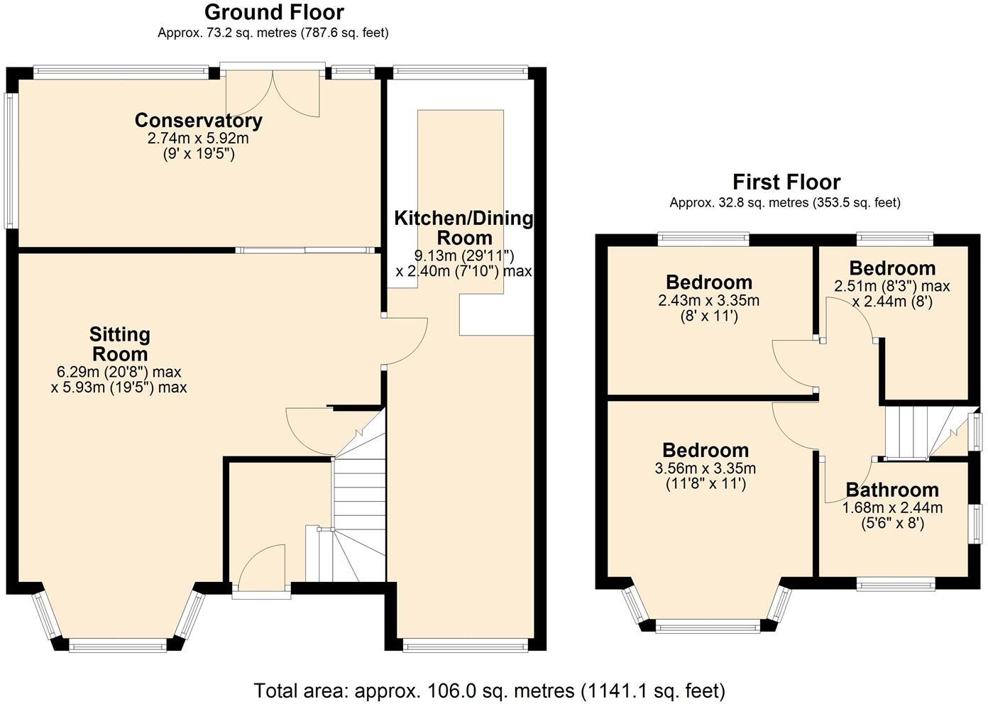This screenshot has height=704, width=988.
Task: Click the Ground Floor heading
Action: pyautogui.click(x=274, y=12)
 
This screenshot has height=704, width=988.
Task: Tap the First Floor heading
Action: pyautogui.click(x=786, y=182)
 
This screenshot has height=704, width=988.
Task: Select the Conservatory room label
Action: pyautogui.click(x=199, y=120)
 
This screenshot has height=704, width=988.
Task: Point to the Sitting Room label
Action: pyautogui.click(x=120, y=344)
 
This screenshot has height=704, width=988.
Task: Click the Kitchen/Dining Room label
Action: pyautogui.click(x=463, y=228)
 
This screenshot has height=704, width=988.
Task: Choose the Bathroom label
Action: pyautogui.click(x=892, y=490)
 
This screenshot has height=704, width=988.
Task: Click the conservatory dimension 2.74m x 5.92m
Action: pyautogui.click(x=198, y=138)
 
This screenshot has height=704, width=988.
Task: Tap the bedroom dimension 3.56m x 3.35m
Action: pyautogui.click(x=706, y=468)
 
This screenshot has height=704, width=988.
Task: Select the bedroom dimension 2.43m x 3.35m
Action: pyautogui.click(x=709, y=300)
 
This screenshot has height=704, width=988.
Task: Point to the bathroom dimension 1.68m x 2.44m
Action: pyautogui.click(x=892, y=507)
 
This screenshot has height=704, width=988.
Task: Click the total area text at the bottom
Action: pyautogui.click(x=490, y=691)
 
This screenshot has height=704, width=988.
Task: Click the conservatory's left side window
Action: pyautogui.click(x=11, y=160)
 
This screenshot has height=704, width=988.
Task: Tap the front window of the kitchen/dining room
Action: pyautogui.click(x=466, y=647)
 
